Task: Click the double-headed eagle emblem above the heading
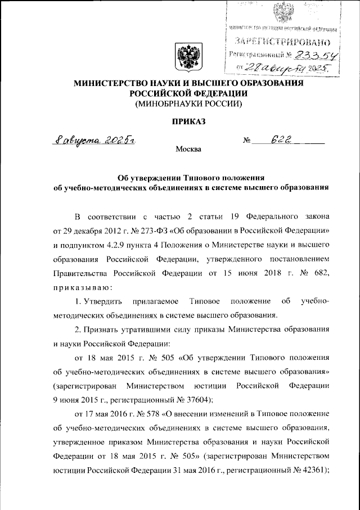[x=186, y=56]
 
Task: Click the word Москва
[x=187, y=150]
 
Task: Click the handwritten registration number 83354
[x=311, y=55]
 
